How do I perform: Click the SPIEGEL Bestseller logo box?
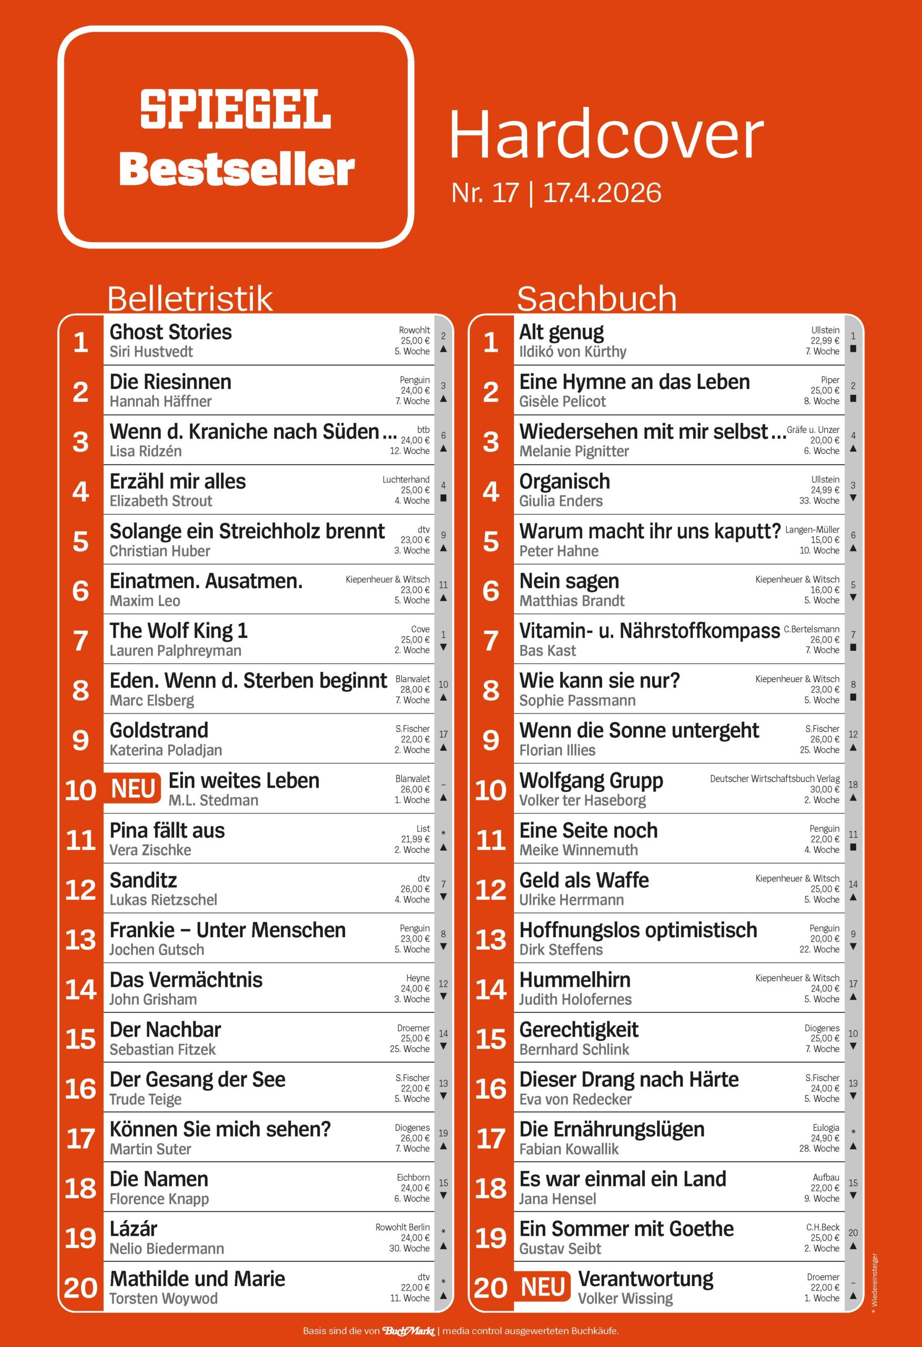click(236, 137)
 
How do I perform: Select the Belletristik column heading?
click(189, 298)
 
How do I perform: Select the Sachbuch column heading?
click(596, 298)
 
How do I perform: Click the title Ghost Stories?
click(170, 332)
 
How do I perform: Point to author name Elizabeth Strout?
click(160, 501)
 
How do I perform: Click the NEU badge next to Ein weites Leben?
click(133, 789)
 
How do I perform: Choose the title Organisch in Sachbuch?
click(564, 481)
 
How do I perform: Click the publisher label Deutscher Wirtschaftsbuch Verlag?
click(774, 779)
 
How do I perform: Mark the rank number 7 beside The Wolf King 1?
click(80, 640)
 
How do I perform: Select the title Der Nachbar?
click(165, 1030)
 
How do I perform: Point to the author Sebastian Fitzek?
click(163, 1050)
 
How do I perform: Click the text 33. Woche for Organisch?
click(819, 501)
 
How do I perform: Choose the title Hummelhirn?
click(574, 980)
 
